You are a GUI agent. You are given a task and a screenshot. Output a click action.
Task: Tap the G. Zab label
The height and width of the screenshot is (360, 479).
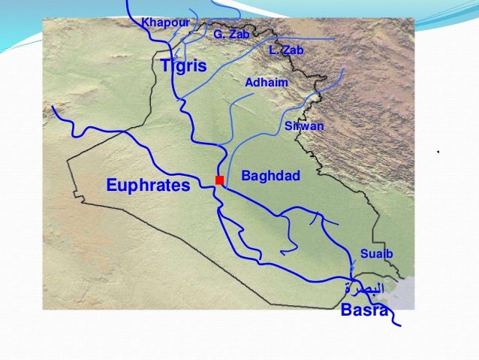230,35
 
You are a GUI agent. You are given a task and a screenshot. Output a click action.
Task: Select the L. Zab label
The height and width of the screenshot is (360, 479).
286,50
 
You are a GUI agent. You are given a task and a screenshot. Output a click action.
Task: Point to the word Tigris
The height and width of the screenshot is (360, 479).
183,66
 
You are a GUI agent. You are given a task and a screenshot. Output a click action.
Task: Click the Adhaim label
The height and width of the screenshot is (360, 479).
267,81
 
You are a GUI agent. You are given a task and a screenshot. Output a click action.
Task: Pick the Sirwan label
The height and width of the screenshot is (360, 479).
304,126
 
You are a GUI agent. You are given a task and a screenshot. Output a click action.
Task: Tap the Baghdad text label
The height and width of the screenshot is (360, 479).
270,176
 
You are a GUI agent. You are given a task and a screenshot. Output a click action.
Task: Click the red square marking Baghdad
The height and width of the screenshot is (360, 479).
219,180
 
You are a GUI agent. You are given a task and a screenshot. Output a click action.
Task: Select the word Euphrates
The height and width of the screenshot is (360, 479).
148,185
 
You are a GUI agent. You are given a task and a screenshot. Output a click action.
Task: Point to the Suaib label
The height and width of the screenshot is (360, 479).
376,253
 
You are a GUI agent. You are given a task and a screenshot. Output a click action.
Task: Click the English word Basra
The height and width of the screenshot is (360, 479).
364,310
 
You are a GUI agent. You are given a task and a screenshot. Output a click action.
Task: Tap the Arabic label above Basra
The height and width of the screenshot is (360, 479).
365,288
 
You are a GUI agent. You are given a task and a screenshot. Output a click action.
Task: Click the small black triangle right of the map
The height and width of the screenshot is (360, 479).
437,153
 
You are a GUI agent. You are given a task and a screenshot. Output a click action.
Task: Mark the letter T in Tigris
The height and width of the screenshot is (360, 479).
166,66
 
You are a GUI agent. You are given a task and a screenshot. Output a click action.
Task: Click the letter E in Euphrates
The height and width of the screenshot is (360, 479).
111,185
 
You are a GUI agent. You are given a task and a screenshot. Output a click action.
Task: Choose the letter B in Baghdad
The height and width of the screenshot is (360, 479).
245,176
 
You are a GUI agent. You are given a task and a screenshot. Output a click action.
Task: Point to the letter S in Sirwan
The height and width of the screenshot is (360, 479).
288,126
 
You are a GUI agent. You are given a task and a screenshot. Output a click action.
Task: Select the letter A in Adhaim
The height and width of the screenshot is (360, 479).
249,81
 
